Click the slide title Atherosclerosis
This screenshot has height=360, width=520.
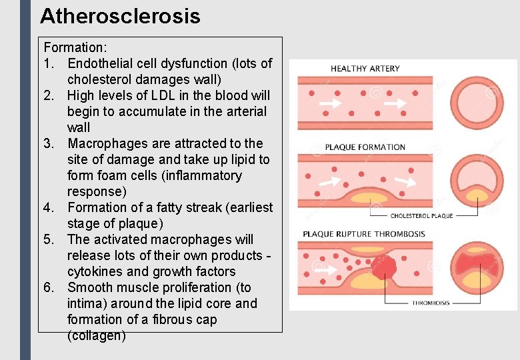[x=120, y=16]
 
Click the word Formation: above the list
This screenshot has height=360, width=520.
[x=71, y=48]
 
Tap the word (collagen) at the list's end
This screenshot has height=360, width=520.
[x=97, y=336]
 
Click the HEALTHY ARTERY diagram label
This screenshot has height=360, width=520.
[x=365, y=69]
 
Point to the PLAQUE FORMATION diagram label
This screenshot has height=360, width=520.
[x=365, y=147]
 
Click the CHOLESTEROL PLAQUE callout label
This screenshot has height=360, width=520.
[x=421, y=216]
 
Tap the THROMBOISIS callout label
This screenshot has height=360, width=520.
[x=431, y=303]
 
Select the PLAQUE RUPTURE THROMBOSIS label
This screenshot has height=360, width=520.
[x=364, y=234]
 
